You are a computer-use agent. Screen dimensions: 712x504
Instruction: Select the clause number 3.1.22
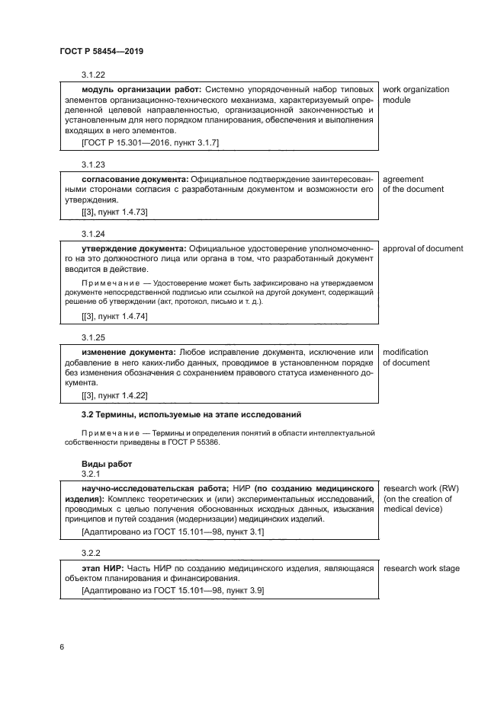pos(93,75)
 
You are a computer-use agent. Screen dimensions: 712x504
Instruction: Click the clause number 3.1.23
pos(93,164)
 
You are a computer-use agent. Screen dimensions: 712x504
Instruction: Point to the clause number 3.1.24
pos(93,233)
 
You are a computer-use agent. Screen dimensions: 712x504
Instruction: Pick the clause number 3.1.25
pos(93,337)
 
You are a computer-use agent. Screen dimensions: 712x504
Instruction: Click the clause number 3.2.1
pos(91,473)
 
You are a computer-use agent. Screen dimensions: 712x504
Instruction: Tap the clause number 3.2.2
pos(91,553)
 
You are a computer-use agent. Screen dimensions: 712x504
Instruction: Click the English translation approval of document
pos(422,248)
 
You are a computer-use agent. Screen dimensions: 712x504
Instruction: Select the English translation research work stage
pos(421,568)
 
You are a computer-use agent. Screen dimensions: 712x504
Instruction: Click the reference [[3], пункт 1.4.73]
pos(114,212)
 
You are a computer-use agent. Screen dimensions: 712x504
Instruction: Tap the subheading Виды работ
pos(106,463)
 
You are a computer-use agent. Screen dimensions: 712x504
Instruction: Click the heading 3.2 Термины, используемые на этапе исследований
pos(191,414)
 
